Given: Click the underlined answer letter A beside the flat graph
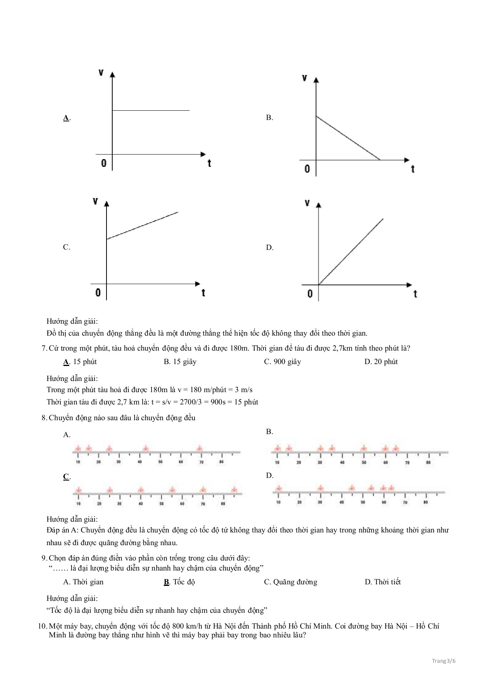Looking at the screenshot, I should pyautogui.click(x=66, y=118).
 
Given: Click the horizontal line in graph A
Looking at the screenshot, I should pyautogui.click(x=151, y=110).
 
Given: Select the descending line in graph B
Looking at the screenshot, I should pyautogui.click(x=348, y=138).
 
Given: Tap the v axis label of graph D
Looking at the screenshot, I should pyautogui.click(x=307, y=202).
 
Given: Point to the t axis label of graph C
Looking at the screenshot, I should pyautogui.click(x=203, y=293).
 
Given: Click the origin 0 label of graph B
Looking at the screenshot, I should pyautogui.click(x=307, y=168).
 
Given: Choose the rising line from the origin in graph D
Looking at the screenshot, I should pyautogui.click(x=351, y=252).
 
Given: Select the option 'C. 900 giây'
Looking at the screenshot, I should pyautogui.click(x=283, y=361).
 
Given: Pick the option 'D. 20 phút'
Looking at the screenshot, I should pyautogui.click(x=381, y=361).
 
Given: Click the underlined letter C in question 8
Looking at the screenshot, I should pyautogui.click(x=66, y=477).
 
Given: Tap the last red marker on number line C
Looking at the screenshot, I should pyautogui.click(x=234, y=490).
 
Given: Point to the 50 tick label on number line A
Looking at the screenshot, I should pyautogui.click(x=160, y=462).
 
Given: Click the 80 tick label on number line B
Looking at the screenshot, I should pyautogui.click(x=428, y=462).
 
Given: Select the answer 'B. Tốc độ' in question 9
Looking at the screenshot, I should pyautogui.click(x=180, y=582).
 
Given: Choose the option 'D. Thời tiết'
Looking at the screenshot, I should pyautogui.click(x=383, y=582).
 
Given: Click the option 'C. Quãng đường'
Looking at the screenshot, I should pyautogui.click(x=291, y=582).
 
